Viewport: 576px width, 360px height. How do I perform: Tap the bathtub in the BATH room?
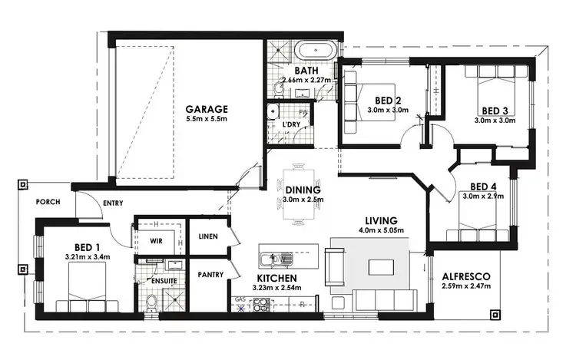[316, 51]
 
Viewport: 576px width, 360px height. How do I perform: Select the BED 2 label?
[388, 101]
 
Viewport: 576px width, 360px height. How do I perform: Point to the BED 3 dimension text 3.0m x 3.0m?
[493, 120]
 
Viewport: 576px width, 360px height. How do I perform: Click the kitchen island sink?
[274, 258]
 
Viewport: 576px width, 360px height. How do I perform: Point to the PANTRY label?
[210, 274]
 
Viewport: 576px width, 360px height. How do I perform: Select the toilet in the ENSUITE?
[151, 306]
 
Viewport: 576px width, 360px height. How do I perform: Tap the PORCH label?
[48, 203]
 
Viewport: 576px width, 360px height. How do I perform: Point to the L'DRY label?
[291, 124]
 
